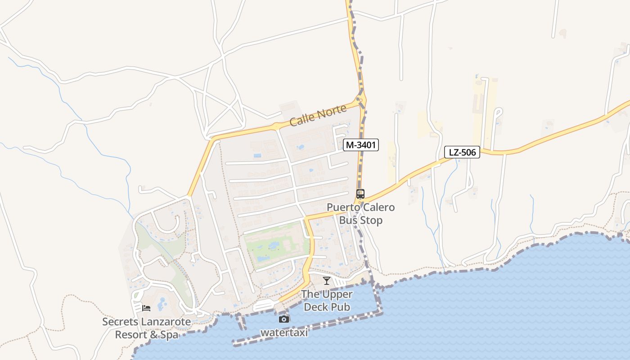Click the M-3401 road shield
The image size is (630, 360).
(360, 145)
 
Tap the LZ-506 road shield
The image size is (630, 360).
(462, 152)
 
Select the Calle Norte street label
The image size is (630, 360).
(318, 115)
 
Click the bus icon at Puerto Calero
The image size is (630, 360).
(360, 194)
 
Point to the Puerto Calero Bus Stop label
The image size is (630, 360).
(360, 214)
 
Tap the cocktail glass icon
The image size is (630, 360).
(327, 281)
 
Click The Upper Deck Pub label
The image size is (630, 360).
(327, 301)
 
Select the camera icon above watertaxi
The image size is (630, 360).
(283, 319)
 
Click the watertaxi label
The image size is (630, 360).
(284, 333)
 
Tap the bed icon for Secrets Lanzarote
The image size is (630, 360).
(146, 308)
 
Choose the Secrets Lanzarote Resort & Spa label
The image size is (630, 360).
(146, 328)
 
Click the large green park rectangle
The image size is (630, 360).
(275, 245)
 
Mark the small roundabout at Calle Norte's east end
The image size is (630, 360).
(360, 100)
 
